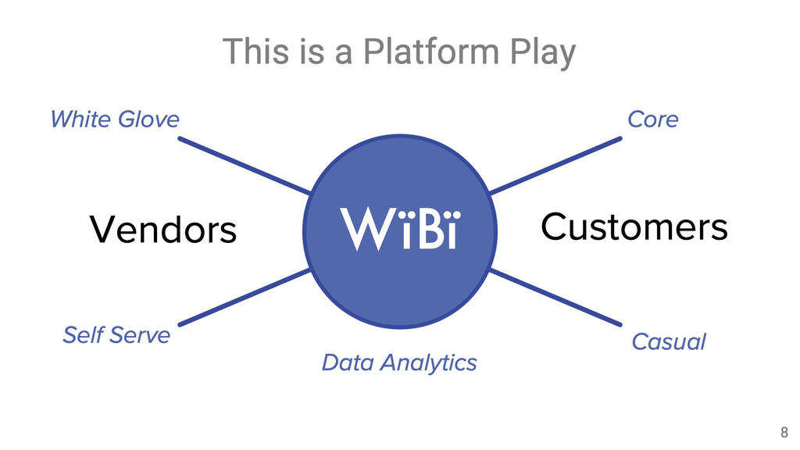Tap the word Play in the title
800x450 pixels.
543,52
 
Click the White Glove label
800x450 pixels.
114,120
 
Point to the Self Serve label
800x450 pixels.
116,335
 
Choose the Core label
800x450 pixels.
653,120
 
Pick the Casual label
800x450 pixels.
668,342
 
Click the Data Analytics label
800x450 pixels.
399,362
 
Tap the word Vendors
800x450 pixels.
162,230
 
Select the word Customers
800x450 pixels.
634,227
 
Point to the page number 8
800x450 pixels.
784,432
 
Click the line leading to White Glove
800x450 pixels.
245,166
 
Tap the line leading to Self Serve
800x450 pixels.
245,297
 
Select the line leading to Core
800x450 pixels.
555,166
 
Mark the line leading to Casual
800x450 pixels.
555,296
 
